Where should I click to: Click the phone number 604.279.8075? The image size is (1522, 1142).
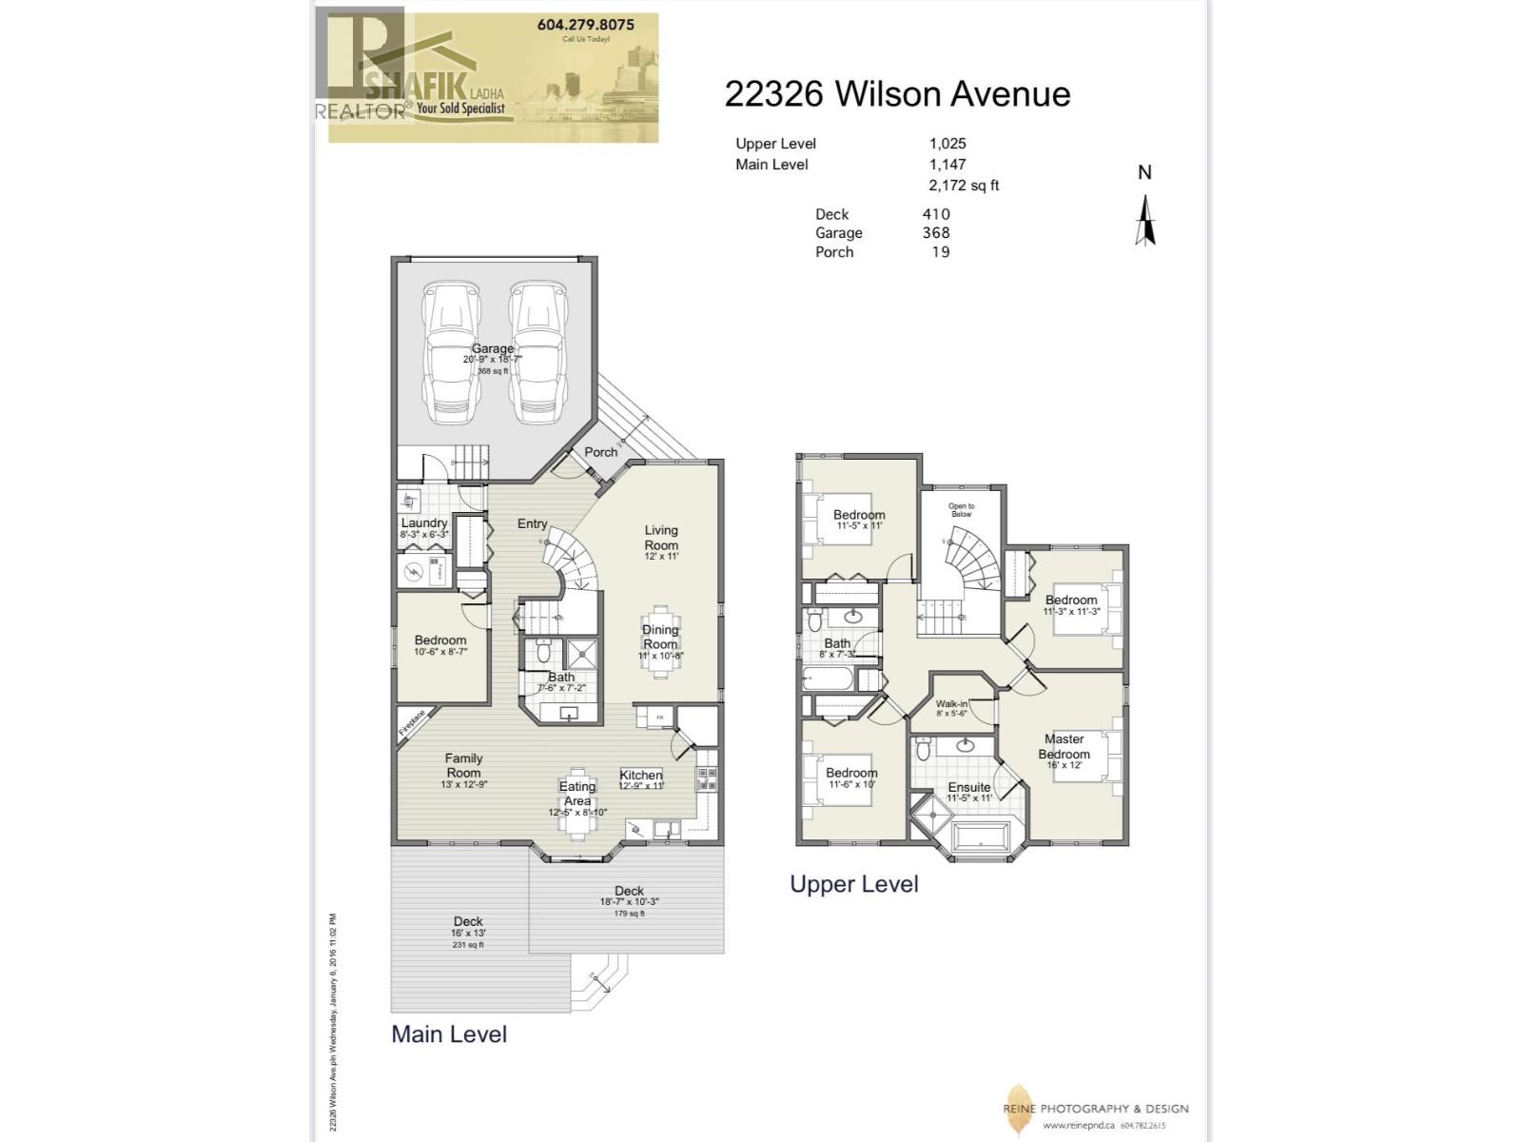coord(585,25)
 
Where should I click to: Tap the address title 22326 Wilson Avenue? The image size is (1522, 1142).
coord(897,94)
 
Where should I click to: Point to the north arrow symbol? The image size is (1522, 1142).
coord(1145,220)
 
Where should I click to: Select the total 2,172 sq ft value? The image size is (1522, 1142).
coord(964,186)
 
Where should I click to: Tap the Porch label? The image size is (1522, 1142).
coord(600,452)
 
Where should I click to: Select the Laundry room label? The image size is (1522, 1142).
coord(423,523)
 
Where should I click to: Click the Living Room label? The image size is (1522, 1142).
coord(661,538)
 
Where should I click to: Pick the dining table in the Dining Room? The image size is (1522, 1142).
coord(660,640)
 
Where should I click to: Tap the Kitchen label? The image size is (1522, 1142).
coord(640,775)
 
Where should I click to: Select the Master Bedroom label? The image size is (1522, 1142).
coord(1063,746)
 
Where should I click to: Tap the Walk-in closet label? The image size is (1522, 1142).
coord(951,704)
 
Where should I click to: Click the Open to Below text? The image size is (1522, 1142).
coord(961,510)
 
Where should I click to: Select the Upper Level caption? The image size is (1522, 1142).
coord(853,884)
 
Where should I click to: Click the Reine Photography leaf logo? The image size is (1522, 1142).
coord(1018,1109)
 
